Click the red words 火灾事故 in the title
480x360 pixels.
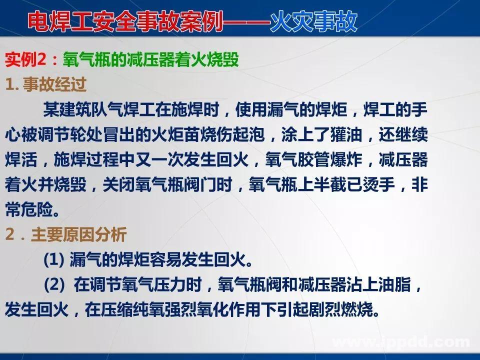313,21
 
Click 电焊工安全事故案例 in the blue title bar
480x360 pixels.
124,21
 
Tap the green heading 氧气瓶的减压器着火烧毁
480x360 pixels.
150,61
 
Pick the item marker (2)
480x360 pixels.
54,285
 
